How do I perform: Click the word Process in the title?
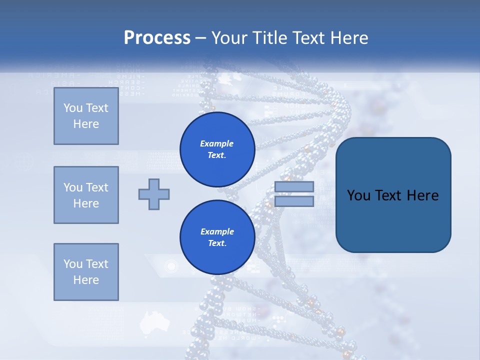pyautogui.click(x=157, y=38)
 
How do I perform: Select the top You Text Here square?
pyautogui.click(x=86, y=116)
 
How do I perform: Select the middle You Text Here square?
pyautogui.click(x=86, y=195)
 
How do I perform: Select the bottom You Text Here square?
pyautogui.click(x=86, y=272)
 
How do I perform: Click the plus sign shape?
pyautogui.click(x=154, y=194)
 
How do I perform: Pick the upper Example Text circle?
pyautogui.click(x=217, y=149)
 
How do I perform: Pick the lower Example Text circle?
pyautogui.click(x=217, y=237)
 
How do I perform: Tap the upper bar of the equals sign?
pyautogui.click(x=294, y=186)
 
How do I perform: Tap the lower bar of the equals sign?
pyautogui.click(x=294, y=201)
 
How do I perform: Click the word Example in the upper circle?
pyautogui.click(x=217, y=143)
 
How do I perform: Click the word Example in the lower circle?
pyautogui.click(x=217, y=231)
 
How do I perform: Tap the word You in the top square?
pyautogui.click(x=72, y=108)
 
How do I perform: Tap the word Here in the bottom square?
pyautogui.click(x=86, y=280)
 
